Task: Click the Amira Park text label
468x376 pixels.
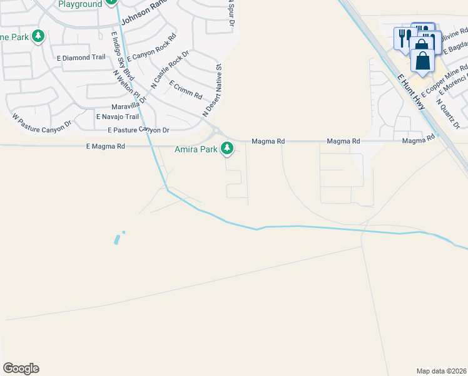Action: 196,149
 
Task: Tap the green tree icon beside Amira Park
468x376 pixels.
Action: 228,149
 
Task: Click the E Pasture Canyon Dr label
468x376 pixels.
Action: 138,130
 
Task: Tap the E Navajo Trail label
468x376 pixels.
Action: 117,117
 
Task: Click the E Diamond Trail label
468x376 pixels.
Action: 84,57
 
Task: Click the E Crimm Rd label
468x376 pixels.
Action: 186,90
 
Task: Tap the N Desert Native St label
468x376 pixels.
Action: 212,90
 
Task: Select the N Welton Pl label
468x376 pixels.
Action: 130,86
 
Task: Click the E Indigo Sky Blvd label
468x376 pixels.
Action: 119,56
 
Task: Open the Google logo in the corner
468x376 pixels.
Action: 21,368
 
